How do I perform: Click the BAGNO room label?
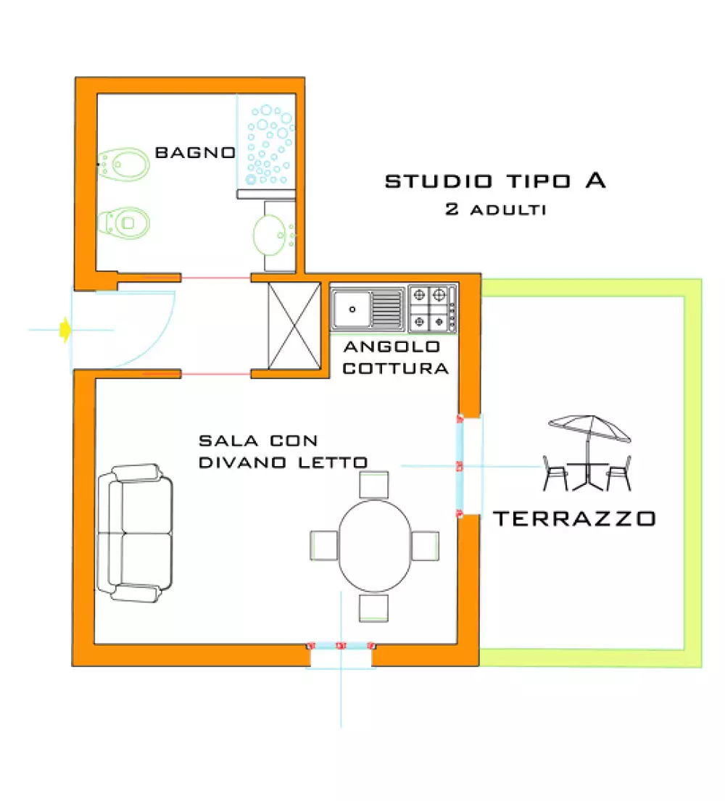click(195, 153)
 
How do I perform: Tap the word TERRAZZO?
click(574, 518)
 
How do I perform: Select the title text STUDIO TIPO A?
click(495, 181)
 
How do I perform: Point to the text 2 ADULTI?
click(496, 210)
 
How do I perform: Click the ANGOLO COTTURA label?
click(395, 357)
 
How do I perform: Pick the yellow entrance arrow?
click(65, 330)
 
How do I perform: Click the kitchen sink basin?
click(353, 308)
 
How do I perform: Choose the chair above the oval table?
click(374, 484)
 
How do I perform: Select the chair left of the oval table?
click(324, 545)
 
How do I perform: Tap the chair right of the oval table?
click(426, 545)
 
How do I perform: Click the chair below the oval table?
click(374, 607)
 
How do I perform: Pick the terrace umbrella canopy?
click(589, 428)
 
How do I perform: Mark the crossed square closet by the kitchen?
click(294, 325)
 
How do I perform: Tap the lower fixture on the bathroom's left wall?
click(125, 222)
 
